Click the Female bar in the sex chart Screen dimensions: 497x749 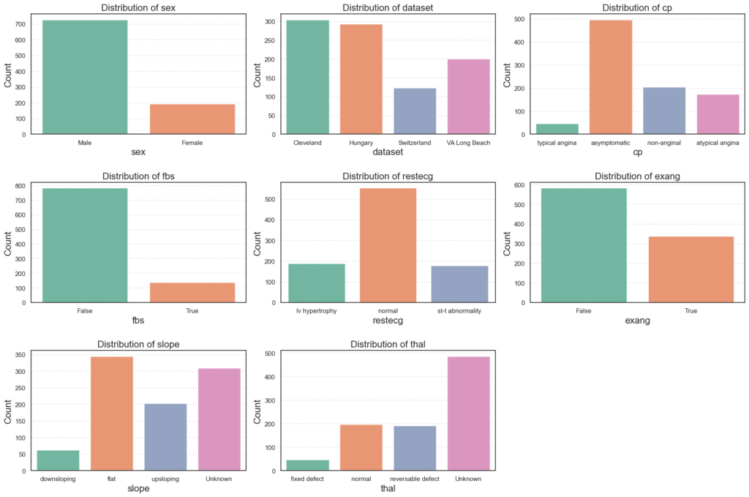pyautogui.click(x=192, y=119)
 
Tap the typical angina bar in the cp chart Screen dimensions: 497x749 pyautogui.click(x=557, y=129)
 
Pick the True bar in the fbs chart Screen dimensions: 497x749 pyautogui.click(x=192, y=293)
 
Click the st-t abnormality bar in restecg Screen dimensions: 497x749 pyautogui.click(x=460, y=284)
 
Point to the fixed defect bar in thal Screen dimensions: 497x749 pyautogui.click(x=307, y=465)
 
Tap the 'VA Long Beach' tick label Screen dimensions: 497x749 pyautogui.click(x=469, y=143)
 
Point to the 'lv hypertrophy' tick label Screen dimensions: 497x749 pyautogui.click(x=317, y=311)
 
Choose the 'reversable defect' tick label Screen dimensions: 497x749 pyautogui.click(x=415, y=479)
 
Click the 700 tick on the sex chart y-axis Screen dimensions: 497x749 pyautogui.click(x=20, y=24)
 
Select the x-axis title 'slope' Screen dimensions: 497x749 pyautogui.click(x=138, y=488)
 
